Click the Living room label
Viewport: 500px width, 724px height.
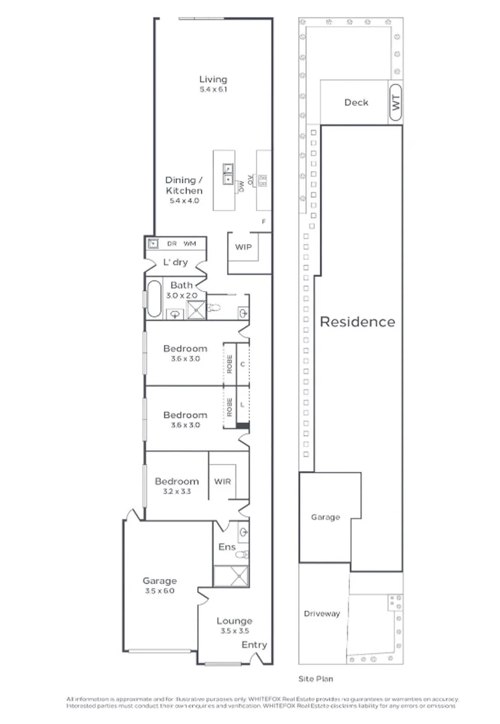213,80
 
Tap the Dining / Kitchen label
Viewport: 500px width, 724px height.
184,186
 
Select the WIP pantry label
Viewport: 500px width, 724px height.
243,247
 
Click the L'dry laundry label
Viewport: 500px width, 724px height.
176,262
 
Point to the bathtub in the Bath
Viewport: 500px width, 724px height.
154,299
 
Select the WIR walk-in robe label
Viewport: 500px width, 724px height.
223,481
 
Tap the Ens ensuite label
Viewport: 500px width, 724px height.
227,547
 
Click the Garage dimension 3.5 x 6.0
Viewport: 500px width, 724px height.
159,591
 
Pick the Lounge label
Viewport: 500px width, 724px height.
234,621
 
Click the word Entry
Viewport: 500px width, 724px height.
254,645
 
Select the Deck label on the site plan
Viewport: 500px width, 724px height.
356,103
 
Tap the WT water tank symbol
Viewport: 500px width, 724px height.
395,103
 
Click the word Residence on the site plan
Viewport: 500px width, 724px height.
357,322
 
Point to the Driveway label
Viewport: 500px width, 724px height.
322,613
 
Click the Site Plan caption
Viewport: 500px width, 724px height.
315,678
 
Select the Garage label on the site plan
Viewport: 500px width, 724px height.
325,517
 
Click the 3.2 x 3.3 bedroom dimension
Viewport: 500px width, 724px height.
177,491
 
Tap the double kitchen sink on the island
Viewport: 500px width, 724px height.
229,174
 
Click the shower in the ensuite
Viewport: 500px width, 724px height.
229,576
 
